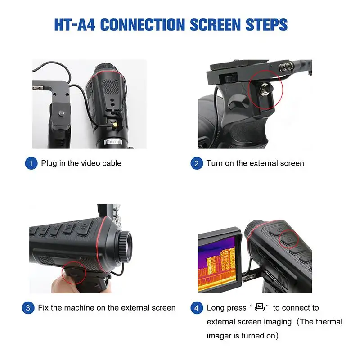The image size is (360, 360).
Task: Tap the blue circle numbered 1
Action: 31,163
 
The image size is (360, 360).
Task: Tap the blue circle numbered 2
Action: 197,163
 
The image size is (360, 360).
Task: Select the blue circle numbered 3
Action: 28,308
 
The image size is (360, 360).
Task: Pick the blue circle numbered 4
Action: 197,308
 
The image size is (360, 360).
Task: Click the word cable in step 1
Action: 112,163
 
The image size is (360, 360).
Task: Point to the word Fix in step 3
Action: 44,308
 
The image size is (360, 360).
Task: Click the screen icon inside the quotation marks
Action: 259,308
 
